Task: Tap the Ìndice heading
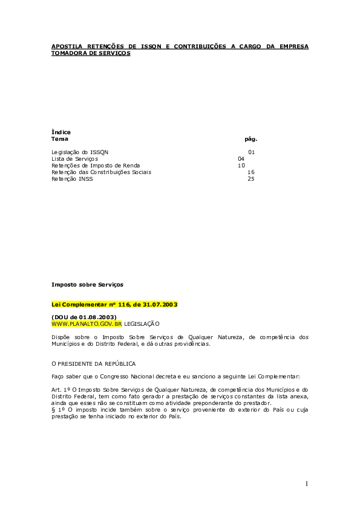point(61,132)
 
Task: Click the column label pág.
point(251,139)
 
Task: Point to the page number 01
point(252,152)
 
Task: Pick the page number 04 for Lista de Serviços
point(241,159)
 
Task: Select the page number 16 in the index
point(251,172)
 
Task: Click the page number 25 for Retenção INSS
point(251,179)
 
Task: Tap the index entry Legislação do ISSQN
point(80,152)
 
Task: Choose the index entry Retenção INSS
point(72,179)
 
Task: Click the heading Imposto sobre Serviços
point(87,285)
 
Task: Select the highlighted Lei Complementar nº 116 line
point(115,305)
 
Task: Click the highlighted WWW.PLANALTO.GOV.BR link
point(87,324)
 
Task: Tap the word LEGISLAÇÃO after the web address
point(142,324)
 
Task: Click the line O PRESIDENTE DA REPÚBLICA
point(94,364)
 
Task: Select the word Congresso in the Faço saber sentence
point(114,377)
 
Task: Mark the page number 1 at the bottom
point(307,484)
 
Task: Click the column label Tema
point(60,139)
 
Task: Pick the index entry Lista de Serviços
point(75,159)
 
